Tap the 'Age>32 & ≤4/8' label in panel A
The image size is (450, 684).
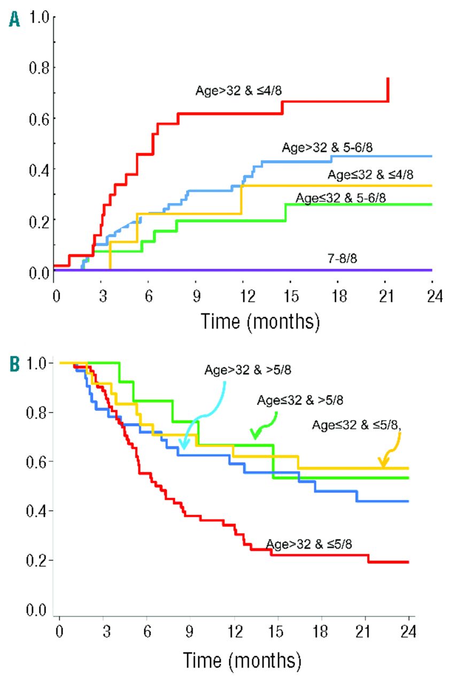[238, 90]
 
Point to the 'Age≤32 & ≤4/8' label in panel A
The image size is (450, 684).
[370, 174]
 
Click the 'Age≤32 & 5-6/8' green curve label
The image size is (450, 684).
[340, 197]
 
